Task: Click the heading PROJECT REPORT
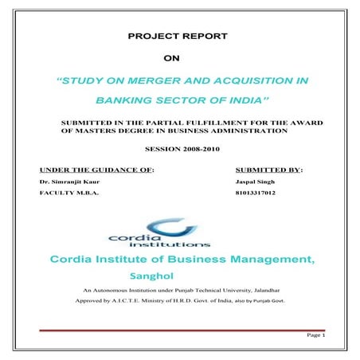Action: [x=178, y=36]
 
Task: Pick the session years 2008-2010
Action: [x=197, y=149]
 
